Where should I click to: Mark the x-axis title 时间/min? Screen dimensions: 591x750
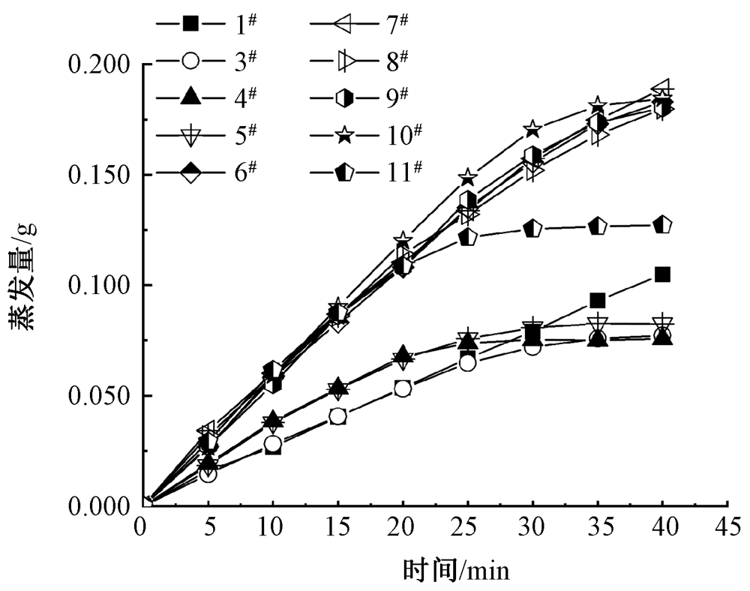click(x=456, y=571)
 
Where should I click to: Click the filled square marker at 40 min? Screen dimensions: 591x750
click(x=662, y=274)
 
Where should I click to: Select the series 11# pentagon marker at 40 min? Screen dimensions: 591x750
click(x=662, y=225)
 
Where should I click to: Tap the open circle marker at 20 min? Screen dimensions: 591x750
click(x=403, y=388)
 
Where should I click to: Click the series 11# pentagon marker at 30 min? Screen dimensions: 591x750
click(x=532, y=229)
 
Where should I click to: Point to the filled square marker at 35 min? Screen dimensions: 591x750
click(x=597, y=301)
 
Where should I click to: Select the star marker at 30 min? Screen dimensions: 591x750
click(x=532, y=129)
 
